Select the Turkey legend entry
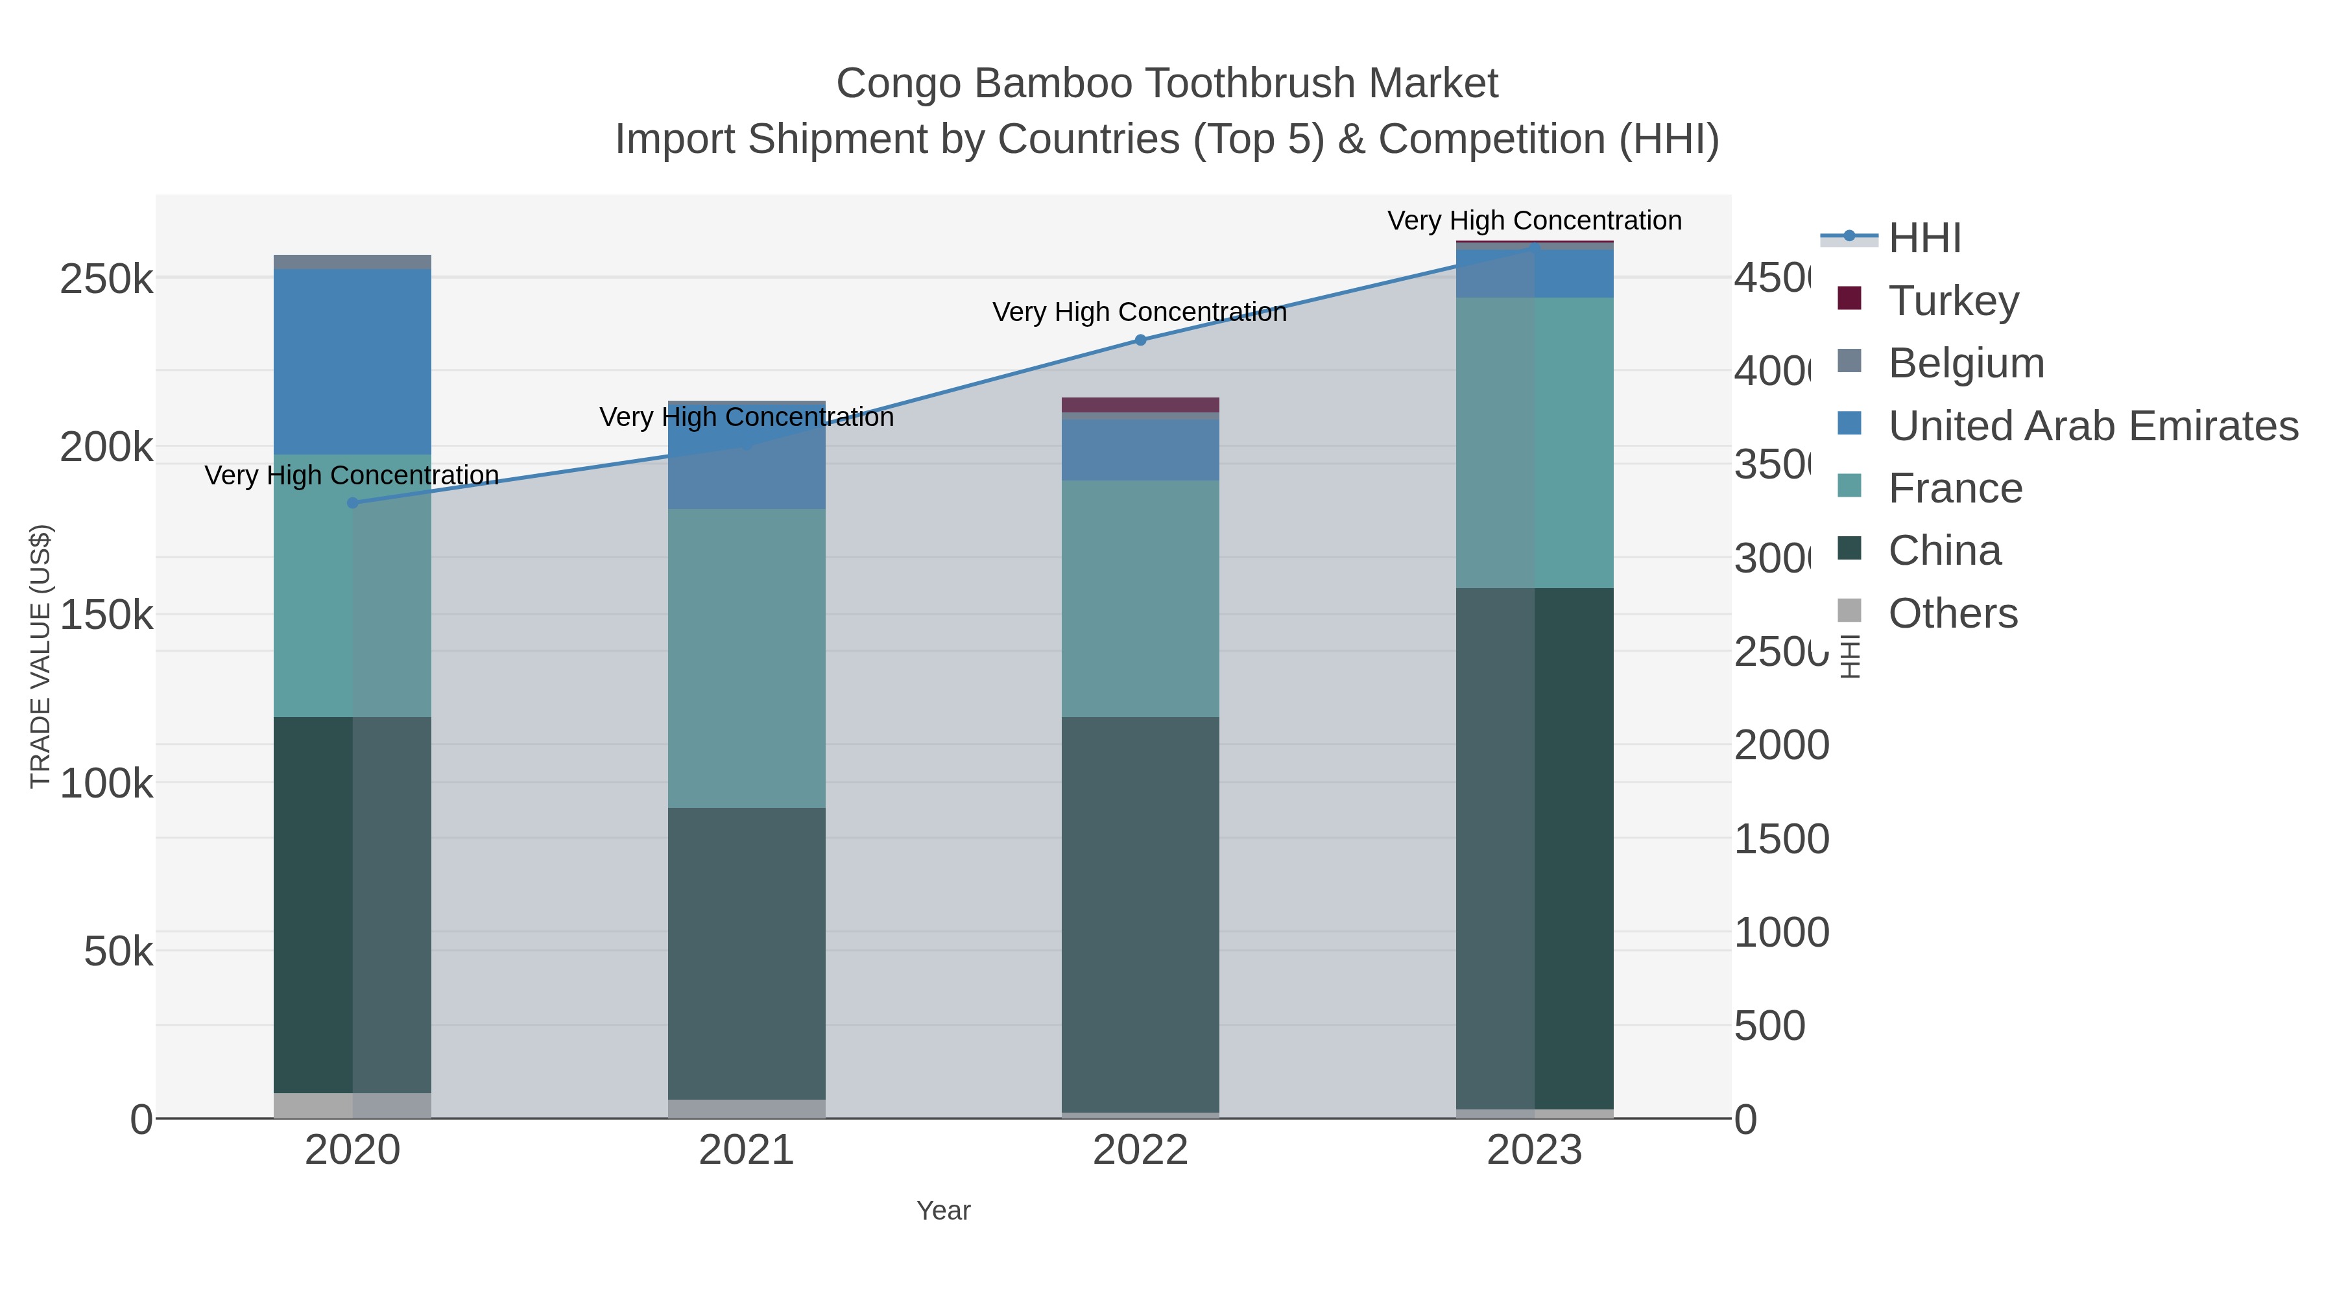1954,301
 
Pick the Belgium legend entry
1966,363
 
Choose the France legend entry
1955,488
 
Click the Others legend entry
1952,613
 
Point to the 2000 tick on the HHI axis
1781,746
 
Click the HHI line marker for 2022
1140,340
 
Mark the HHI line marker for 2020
353,503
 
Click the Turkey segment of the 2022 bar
1140,404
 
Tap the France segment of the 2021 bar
746,658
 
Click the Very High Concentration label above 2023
1534,221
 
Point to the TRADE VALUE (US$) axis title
41,656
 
